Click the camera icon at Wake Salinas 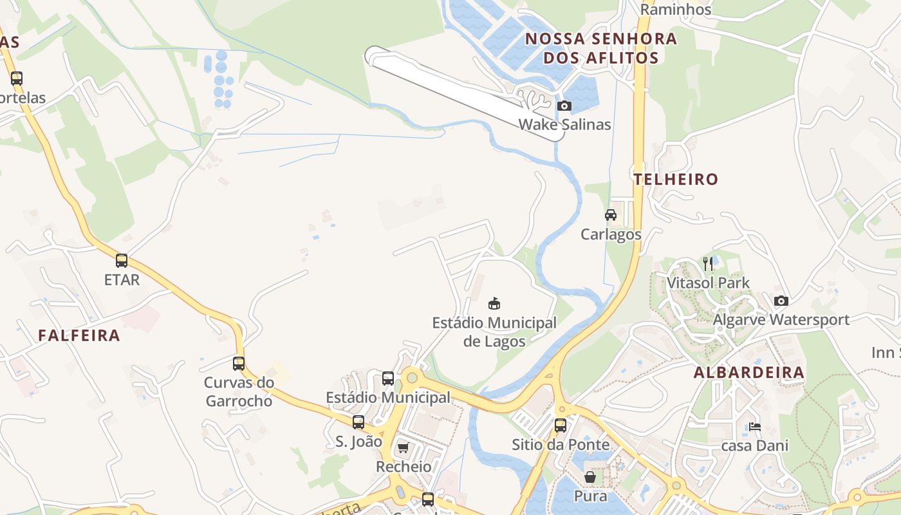pos(564,106)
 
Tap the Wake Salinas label pos(564,124)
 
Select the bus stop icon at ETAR pos(122,261)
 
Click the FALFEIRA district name pos(79,335)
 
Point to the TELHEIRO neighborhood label pos(676,179)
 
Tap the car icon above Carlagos pos(611,215)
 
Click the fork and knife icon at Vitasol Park pos(708,263)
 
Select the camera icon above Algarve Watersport pos(781,301)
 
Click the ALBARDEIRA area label pos(749,372)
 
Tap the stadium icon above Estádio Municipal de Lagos pos(494,303)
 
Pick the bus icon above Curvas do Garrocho pos(239,363)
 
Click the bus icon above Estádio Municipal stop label pos(388,379)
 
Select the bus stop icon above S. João pos(358,422)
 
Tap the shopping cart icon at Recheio pos(403,447)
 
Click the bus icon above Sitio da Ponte pos(561,426)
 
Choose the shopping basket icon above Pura pos(590,477)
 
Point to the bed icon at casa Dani pos(754,426)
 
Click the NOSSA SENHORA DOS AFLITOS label pos(601,48)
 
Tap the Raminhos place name pos(676,9)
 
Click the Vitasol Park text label pos(708,283)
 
